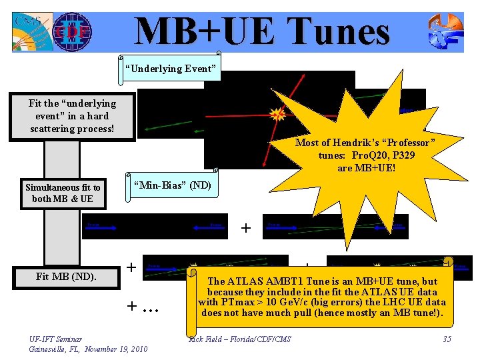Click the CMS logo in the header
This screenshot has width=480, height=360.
click(x=29, y=31)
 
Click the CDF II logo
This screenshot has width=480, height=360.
click(x=72, y=31)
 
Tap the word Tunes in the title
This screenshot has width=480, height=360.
click(x=333, y=31)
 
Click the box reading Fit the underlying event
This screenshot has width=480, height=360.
click(x=72, y=116)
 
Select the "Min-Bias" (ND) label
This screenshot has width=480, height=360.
click(x=173, y=185)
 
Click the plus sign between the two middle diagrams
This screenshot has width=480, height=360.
click(x=246, y=229)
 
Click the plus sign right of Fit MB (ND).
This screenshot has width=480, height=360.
click(x=132, y=268)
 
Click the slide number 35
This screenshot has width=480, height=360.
click(x=447, y=340)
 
